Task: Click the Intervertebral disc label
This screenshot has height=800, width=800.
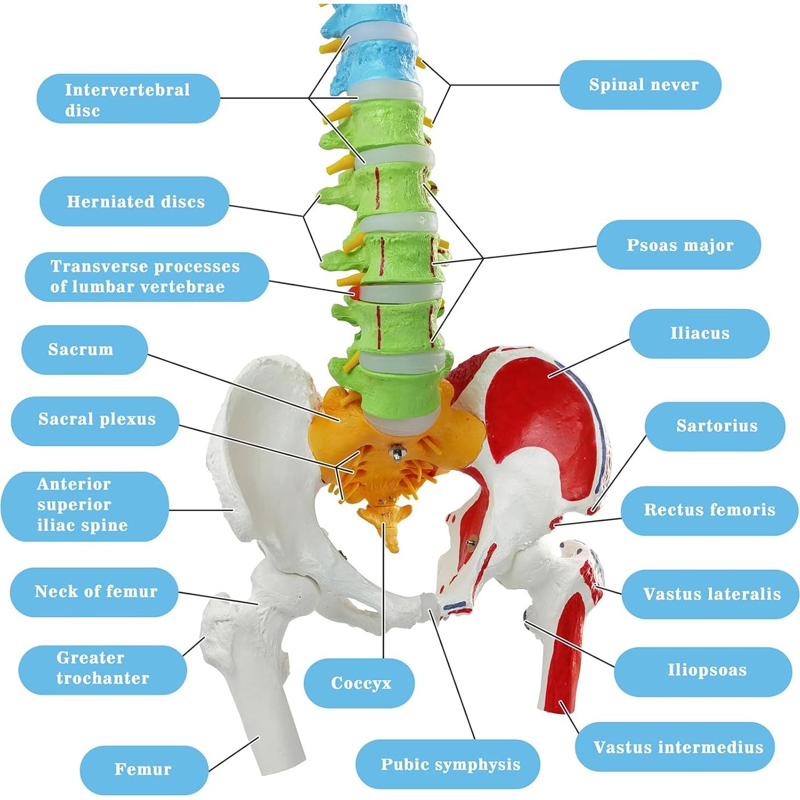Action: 128,99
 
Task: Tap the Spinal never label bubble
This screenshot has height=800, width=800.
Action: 640,85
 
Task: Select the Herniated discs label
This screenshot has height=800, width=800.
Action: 135,201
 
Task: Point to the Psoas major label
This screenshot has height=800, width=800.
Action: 679,245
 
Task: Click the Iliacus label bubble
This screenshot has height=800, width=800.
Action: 699,333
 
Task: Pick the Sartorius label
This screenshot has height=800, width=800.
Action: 715,426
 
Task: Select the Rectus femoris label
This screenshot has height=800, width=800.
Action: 709,510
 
